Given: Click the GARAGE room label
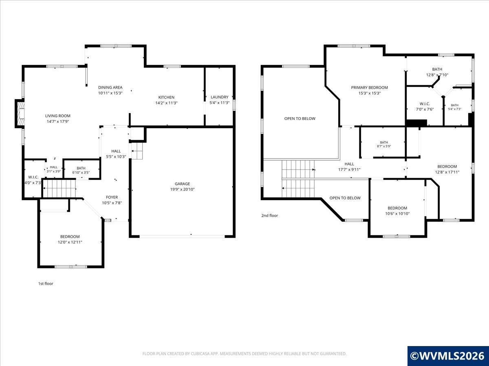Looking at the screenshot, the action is [182, 184].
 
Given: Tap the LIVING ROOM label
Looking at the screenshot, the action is [58, 116].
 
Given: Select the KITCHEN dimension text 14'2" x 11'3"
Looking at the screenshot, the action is [166, 103].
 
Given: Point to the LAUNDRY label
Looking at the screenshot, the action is [219, 97].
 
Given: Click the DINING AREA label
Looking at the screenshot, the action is [110, 87].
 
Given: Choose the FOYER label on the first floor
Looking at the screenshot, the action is [112, 197].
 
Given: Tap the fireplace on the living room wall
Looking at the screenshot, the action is [20, 113].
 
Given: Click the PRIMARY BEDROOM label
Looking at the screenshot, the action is [369, 87].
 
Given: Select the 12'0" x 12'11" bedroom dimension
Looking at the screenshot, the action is [70, 242].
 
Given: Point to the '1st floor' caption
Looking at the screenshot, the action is [46, 283].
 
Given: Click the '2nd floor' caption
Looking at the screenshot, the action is [270, 216].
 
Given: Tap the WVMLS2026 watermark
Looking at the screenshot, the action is [448, 356].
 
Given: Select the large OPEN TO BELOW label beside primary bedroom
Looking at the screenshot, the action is [300, 119].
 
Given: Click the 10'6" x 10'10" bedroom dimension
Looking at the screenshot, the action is [397, 214].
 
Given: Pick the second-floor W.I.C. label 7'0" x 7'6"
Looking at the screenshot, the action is [425, 104].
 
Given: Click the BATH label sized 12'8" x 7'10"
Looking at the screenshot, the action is [437, 69].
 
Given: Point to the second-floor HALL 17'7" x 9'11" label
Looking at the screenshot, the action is [349, 164].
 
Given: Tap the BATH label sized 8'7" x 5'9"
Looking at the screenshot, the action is [384, 142].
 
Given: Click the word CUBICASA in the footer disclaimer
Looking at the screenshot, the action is [200, 353].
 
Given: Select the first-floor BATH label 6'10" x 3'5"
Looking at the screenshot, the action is [81, 168].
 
